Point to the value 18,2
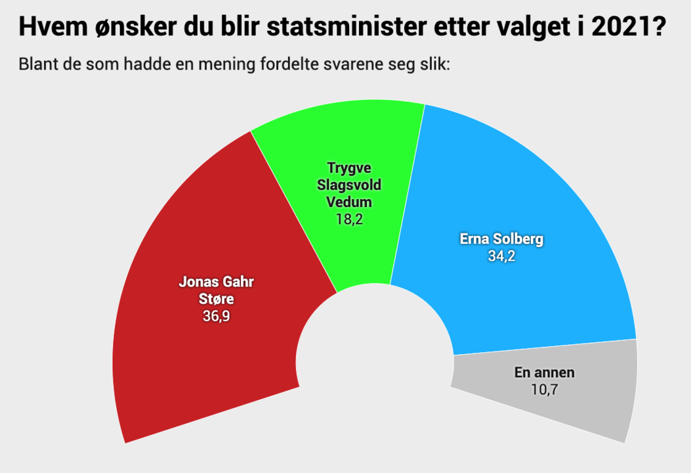point(349,219)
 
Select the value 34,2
point(501,257)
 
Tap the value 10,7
point(545,390)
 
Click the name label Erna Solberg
point(501,240)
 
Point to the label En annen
point(545,373)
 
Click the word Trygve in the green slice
point(349,168)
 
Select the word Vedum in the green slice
point(349,202)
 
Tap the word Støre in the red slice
point(216,300)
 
